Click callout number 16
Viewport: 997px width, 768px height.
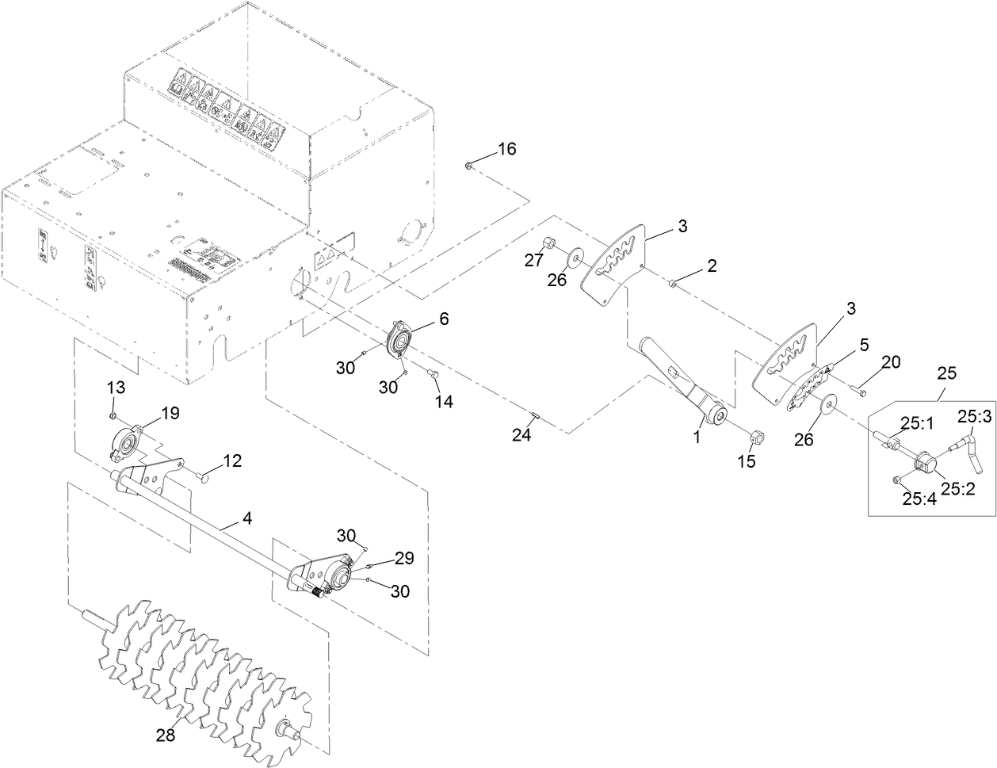pos(506,149)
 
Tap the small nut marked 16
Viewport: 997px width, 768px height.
pos(470,166)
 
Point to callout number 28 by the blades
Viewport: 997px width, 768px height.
pos(165,736)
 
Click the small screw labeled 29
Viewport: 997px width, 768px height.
pos(372,566)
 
